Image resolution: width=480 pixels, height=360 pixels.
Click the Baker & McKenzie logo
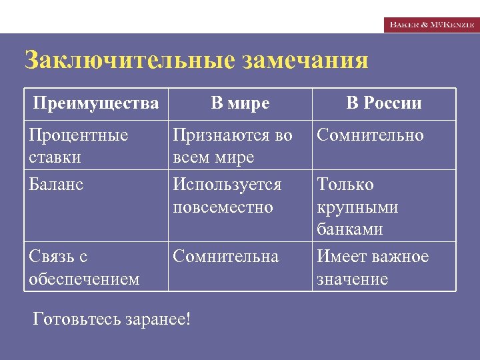(x=431, y=24)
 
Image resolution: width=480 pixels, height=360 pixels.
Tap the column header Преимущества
(x=96, y=103)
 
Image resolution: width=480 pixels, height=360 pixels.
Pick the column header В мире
(x=240, y=103)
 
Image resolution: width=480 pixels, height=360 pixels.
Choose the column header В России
(x=384, y=103)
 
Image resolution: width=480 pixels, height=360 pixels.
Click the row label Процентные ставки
(x=79, y=146)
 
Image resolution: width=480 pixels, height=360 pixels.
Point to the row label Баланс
(x=57, y=185)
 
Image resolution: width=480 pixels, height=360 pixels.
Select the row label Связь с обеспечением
(x=84, y=267)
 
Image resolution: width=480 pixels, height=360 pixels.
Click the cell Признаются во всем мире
(x=232, y=146)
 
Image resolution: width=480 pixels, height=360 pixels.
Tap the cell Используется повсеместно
(x=227, y=195)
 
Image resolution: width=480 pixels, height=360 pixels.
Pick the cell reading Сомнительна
(x=225, y=257)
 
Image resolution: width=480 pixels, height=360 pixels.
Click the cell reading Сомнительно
(x=370, y=135)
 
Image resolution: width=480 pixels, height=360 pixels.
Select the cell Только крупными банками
(x=357, y=207)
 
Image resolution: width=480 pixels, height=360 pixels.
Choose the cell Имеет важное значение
(x=373, y=267)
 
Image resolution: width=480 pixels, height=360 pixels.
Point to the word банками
(x=349, y=229)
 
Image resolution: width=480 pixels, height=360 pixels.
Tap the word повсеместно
(x=223, y=207)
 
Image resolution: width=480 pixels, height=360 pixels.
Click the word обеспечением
(x=84, y=279)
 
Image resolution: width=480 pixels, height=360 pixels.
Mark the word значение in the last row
(x=352, y=279)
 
